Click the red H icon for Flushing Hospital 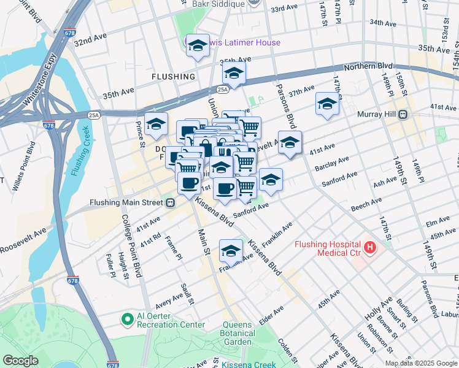(x=370, y=248)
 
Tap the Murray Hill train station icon (x=404, y=114)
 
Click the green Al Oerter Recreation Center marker (x=127, y=319)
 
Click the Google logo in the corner (x=21, y=361)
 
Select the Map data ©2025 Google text (x=421, y=363)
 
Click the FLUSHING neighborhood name (x=174, y=77)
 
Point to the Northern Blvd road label (x=368, y=66)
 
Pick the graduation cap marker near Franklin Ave (x=231, y=251)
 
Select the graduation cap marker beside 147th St (x=327, y=104)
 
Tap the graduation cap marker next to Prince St (x=156, y=124)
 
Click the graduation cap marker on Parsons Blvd (x=290, y=142)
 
